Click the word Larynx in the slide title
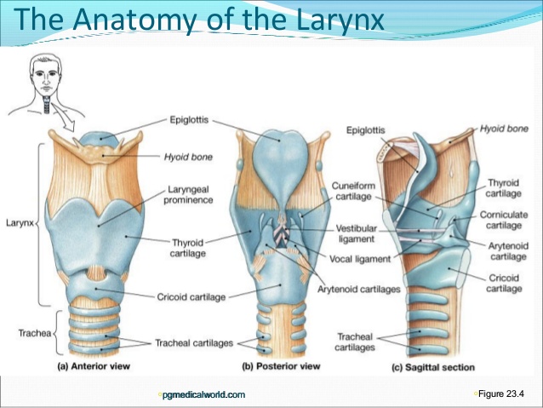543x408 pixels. tap(340, 20)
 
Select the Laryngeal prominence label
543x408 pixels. tap(188, 195)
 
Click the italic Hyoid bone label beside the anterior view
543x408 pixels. tap(188, 157)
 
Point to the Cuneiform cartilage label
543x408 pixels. tap(353, 191)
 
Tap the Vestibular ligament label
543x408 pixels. tap(357, 233)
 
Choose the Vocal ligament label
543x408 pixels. tap(360, 259)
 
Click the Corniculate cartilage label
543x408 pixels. tap(504, 220)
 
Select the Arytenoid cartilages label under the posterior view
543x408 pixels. tap(359, 289)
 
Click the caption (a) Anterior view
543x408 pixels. tap(94, 366)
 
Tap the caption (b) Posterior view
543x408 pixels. tap(281, 366)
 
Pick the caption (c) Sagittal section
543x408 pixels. tap(433, 367)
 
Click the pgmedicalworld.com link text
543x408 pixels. tap(203, 394)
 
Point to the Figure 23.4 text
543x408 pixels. tap(501, 394)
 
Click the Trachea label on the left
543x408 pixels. tap(35, 333)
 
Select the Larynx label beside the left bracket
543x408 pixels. tap(20, 222)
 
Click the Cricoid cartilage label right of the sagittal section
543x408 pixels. tap(504, 283)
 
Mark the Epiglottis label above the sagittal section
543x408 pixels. tap(366, 130)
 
